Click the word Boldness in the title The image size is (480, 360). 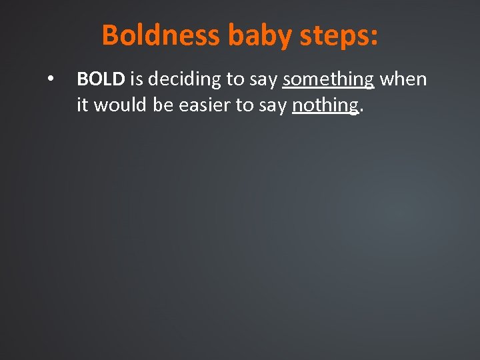pos(161,35)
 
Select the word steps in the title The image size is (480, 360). pos(331,35)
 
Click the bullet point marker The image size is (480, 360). pos(50,79)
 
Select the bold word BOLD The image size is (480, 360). pos(101,79)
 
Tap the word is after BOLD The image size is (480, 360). pos(136,79)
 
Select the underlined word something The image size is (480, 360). pos(328,79)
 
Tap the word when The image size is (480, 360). pos(403,79)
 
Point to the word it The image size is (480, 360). pos(83,105)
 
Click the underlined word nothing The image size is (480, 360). pos(325,105)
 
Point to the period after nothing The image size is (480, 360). pos(361,111)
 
